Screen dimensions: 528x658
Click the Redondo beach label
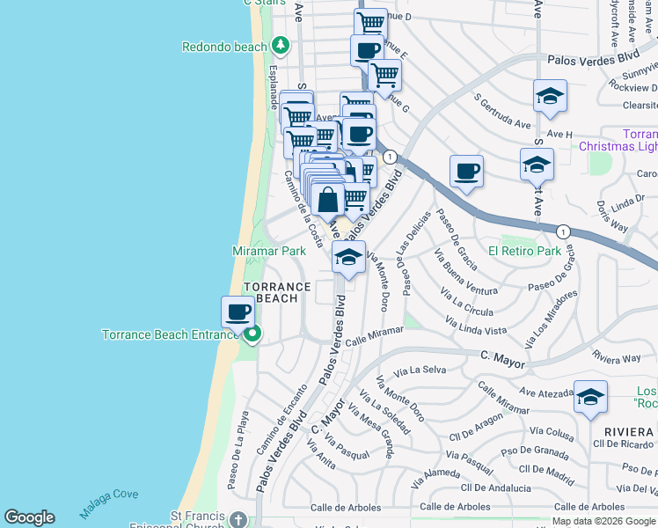click(x=224, y=47)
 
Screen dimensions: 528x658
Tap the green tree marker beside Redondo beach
click(x=281, y=44)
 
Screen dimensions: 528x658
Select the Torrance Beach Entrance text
click(x=171, y=335)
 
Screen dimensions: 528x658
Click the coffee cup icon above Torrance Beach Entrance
click(x=238, y=311)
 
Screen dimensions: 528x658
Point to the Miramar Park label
click(x=269, y=251)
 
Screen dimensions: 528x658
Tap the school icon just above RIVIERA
click(x=590, y=397)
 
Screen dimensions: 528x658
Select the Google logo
click(x=29, y=517)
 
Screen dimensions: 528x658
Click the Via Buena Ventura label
click(x=465, y=274)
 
